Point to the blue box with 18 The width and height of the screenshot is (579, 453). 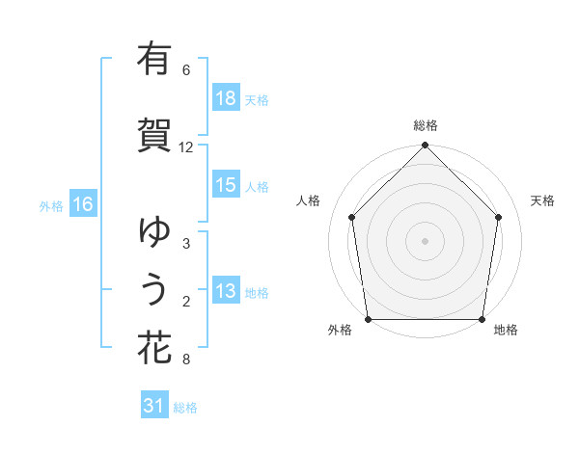[226, 98]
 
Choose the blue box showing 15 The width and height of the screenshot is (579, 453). [226, 185]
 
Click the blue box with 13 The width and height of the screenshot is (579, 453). [226, 291]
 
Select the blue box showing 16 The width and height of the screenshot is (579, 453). [82, 204]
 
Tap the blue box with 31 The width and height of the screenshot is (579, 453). [154, 407]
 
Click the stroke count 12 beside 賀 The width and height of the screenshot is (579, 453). [186, 147]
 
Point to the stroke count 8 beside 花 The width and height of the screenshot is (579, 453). [186, 360]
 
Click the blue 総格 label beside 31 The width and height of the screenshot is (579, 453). [186, 408]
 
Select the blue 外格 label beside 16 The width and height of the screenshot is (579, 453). [50, 205]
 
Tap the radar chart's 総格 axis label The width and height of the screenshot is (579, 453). [426, 125]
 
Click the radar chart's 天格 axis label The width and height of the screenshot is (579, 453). [543, 200]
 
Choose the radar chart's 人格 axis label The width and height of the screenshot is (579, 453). [309, 200]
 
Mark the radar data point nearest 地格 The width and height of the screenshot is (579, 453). [482, 319]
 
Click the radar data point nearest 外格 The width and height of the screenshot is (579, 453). [368, 319]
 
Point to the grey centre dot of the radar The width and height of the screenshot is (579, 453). [426, 240]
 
